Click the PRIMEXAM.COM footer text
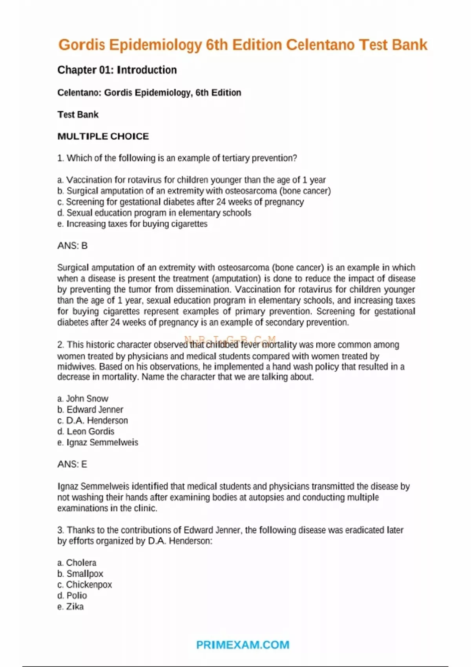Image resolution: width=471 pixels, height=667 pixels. [x=243, y=645]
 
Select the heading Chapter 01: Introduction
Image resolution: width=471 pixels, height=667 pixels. [x=117, y=70]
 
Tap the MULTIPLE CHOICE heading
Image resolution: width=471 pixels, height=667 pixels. [x=103, y=136]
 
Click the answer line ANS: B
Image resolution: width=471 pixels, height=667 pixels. [x=72, y=246]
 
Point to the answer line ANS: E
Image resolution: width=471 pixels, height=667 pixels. [x=72, y=464]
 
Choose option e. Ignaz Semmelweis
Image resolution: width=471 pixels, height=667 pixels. [x=98, y=442]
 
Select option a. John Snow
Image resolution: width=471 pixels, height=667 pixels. [x=83, y=398]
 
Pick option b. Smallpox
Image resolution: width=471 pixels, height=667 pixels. [x=80, y=573]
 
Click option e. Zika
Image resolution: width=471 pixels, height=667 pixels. [x=71, y=606]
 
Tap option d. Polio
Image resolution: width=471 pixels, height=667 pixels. [x=72, y=595]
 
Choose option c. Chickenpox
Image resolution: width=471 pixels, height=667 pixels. [x=85, y=584]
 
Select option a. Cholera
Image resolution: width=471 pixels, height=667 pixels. [x=77, y=562]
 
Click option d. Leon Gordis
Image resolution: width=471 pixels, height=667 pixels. [x=86, y=431]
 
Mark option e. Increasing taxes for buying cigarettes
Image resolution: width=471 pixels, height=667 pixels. [x=132, y=224]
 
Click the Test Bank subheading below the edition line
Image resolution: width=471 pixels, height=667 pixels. [x=78, y=115]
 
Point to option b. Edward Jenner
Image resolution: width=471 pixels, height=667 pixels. [x=90, y=409]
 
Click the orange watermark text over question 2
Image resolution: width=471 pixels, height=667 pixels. [x=230, y=340]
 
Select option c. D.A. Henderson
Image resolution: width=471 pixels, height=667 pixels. [x=93, y=420]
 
